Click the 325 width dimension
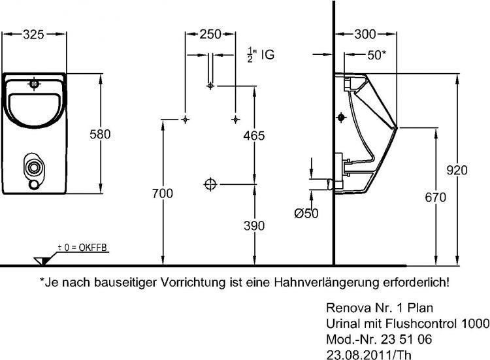pyautogui.click(x=33, y=35)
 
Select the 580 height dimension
pyautogui.click(x=100, y=134)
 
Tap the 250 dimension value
pyautogui.click(x=210, y=34)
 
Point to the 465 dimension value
pyautogui.click(x=254, y=135)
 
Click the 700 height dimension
pyautogui.click(x=163, y=193)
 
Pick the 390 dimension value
pyautogui.click(x=254, y=225)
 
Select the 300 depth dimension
pyautogui.click(x=365, y=34)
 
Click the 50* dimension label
pyautogui.click(x=376, y=55)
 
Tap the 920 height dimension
pyautogui.click(x=457, y=170)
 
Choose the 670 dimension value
pyautogui.click(x=435, y=197)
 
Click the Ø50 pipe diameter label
pyautogui.click(x=306, y=214)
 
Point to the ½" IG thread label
pyautogui.click(x=261, y=55)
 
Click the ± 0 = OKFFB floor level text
pyautogui.click(x=82, y=248)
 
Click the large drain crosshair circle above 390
pyautogui.click(x=210, y=184)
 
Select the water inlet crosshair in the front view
pyautogui.click(x=35, y=84)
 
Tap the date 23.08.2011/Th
pyautogui.click(x=368, y=355)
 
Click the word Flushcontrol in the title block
pyautogui.click(x=422, y=323)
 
